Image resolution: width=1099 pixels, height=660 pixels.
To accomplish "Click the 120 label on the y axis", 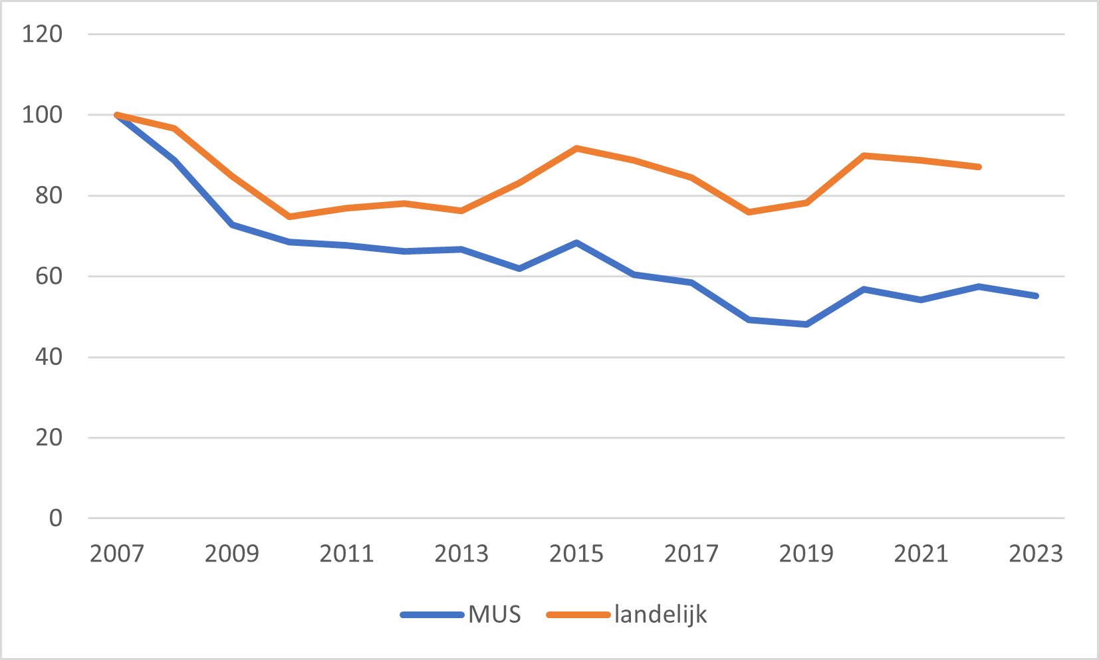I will pyautogui.click(x=42, y=34).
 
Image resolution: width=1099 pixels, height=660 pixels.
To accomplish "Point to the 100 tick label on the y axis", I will pyautogui.click(x=42, y=114).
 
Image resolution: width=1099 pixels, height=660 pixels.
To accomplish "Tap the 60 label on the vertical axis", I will pyautogui.click(x=49, y=276).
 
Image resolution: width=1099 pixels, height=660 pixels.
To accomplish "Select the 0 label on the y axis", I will pyautogui.click(x=56, y=518).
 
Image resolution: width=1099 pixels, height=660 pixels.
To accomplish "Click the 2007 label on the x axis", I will pyautogui.click(x=117, y=554).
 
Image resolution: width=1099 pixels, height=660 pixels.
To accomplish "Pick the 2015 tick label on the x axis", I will pyautogui.click(x=576, y=554).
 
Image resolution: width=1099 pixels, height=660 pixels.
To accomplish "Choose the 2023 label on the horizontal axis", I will pyautogui.click(x=1036, y=554).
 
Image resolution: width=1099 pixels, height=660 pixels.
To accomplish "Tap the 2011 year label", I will pyautogui.click(x=346, y=554).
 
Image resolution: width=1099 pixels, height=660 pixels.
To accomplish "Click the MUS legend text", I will pyautogui.click(x=495, y=614).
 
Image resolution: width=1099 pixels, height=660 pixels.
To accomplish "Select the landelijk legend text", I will pyautogui.click(x=660, y=614).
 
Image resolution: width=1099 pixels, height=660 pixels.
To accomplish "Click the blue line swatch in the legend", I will pyautogui.click(x=432, y=615).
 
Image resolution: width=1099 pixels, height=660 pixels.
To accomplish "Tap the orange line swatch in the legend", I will pyautogui.click(x=578, y=615).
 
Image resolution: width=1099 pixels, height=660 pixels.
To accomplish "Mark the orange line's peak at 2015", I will pyautogui.click(x=576, y=148).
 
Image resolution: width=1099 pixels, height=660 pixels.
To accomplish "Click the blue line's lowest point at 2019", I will pyautogui.click(x=806, y=324).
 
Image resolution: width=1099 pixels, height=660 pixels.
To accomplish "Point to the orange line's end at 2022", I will pyautogui.click(x=979, y=167).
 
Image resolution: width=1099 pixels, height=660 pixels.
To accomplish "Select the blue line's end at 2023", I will pyautogui.click(x=1036, y=296).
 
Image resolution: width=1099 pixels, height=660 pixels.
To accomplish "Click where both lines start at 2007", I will pyautogui.click(x=117, y=115).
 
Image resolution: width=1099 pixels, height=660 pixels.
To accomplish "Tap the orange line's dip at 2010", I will pyautogui.click(x=289, y=217).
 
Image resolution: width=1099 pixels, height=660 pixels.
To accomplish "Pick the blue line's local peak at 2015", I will pyautogui.click(x=576, y=243).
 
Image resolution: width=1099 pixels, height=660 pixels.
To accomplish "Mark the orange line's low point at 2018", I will pyautogui.click(x=749, y=212).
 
